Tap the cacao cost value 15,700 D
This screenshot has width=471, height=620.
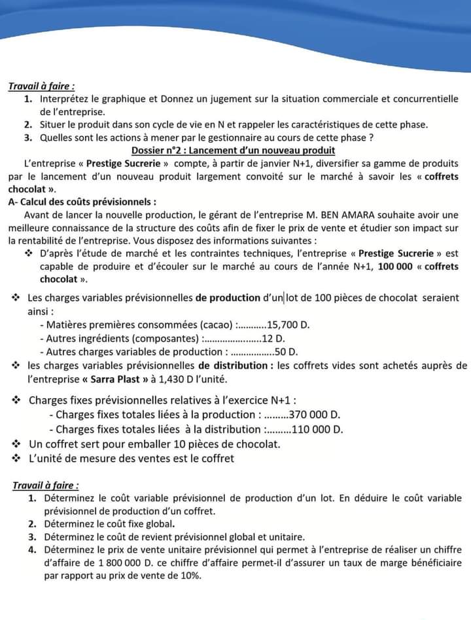[288, 325]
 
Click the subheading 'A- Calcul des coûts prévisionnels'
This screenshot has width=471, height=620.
[82, 201]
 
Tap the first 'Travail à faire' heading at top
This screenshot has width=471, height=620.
[41, 86]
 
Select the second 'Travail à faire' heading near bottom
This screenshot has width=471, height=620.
[46, 485]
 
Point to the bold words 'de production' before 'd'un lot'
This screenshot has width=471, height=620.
[228, 298]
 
